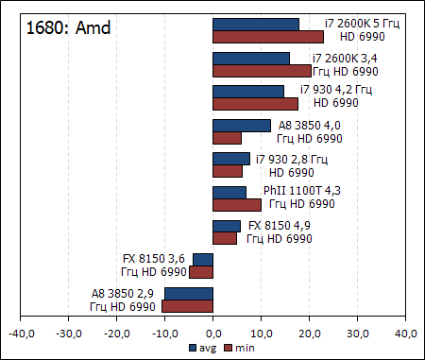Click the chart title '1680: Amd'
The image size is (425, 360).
[x=69, y=27]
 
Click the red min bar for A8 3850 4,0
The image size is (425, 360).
[x=228, y=138]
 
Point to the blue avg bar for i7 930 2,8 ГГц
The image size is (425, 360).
[x=231, y=159]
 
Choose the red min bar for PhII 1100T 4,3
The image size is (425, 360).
[x=237, y=205]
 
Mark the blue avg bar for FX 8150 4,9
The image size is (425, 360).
[x=227, y=226]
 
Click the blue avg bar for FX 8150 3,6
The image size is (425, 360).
[x=203, y=259]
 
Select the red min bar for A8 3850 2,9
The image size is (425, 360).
[x=187, y=306]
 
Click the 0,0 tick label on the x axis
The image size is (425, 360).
[x=213, y=333]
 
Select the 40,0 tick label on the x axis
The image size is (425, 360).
[x=406, y=333]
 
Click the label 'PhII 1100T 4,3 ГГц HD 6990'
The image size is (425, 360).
[x=301, y=197]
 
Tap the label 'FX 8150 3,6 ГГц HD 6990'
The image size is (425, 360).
[x=154, y=266]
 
